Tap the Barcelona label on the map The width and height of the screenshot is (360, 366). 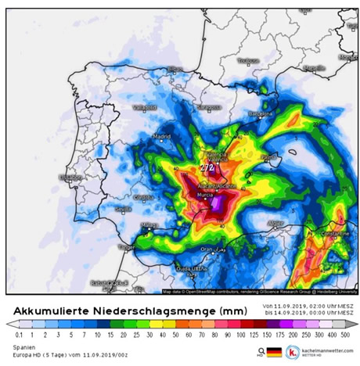259,113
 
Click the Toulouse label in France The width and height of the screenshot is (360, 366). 248,60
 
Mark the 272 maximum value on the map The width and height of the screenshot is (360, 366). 207,167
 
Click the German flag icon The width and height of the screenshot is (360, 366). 273,352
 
